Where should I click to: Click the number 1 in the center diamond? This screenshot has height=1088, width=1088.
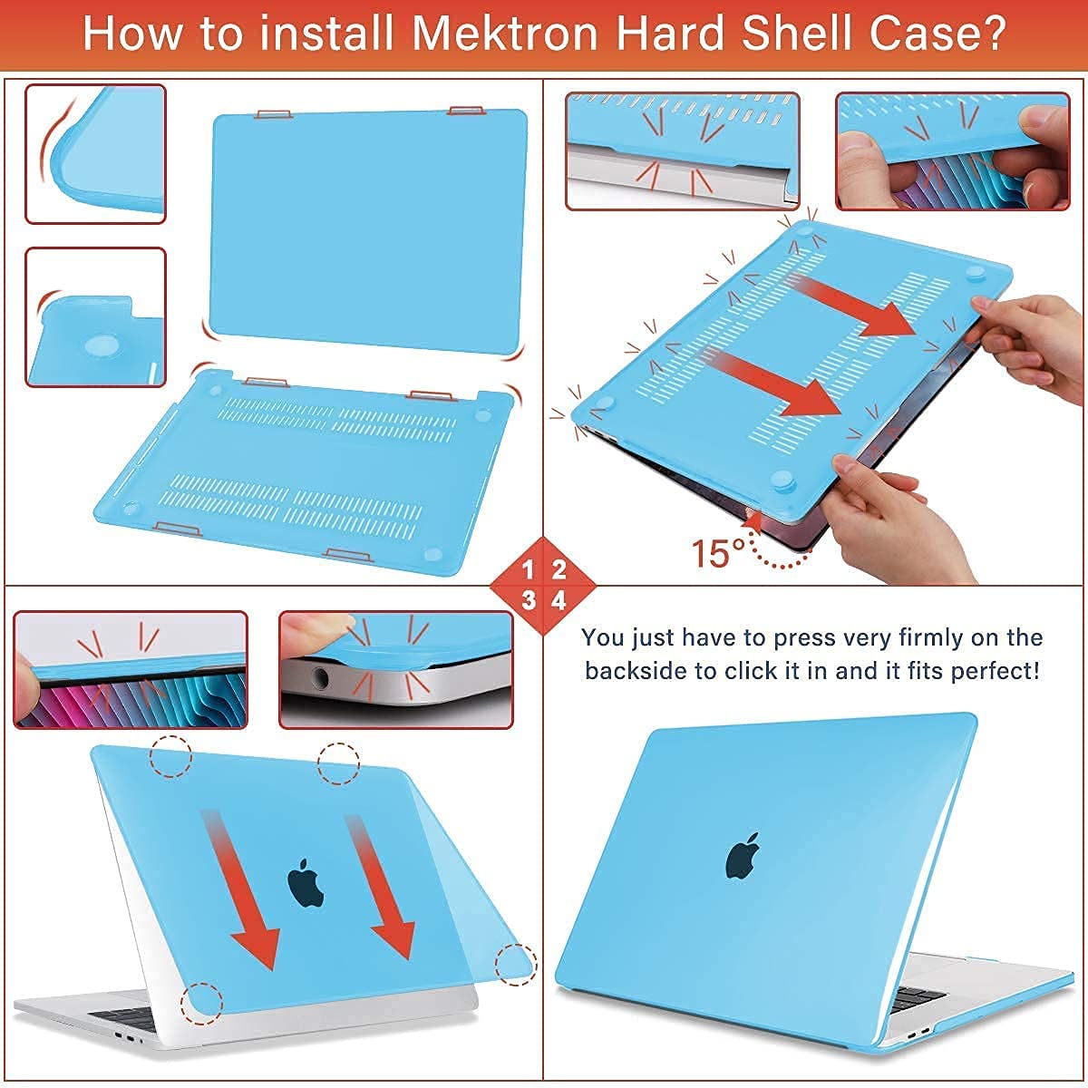tap(529, 570)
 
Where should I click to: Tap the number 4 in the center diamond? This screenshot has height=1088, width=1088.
tap(559, 600)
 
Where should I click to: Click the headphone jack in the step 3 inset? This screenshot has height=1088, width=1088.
tap(319, 675)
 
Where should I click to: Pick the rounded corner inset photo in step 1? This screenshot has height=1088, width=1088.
tap(95, 154)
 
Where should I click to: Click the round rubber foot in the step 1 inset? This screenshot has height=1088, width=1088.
tap(100, 345)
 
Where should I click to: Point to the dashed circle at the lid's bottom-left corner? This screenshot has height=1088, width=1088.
tap(201, 1003)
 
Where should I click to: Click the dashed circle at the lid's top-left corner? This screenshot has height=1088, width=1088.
tap(170, 755)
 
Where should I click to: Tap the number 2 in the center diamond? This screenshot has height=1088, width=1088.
tap(559, 570)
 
